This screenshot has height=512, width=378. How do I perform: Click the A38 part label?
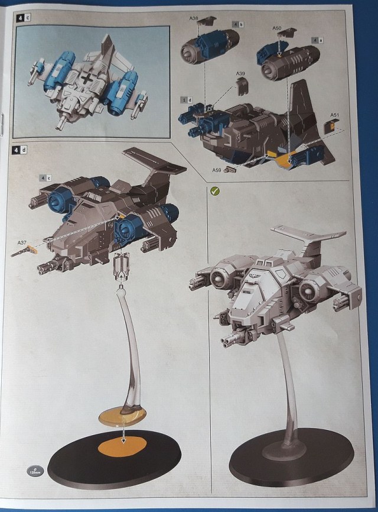click(194, 18)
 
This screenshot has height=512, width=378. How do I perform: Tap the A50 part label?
click(278, 28)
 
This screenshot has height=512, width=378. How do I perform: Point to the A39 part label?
click(240, 74)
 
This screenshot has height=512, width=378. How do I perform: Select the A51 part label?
click(334, 115)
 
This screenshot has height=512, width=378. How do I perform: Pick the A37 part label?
click(22, 242)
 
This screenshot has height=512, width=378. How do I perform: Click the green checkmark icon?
click(215, 190)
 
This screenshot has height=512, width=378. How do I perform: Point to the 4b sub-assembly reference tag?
click(237, 24)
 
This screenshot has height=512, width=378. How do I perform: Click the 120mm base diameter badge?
click(34, 471)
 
